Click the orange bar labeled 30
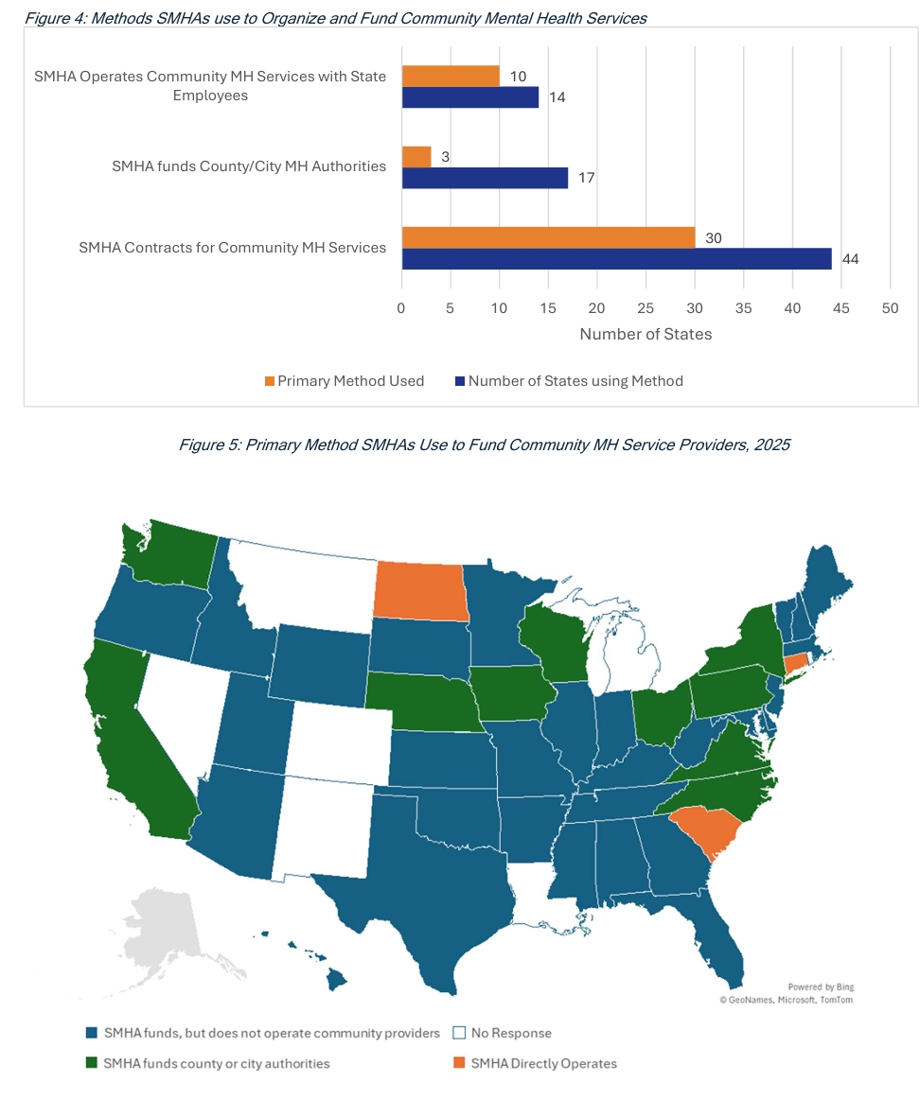(548, 237)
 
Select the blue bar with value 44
(616, 259)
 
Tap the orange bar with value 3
(416, 157)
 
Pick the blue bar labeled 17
(485, 178)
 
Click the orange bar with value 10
(451, 76)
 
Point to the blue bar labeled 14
(470, 97)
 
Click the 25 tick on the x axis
(646, 307)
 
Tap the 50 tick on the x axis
(890, 307)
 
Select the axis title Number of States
(646, 334)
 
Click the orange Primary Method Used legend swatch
(270, 381)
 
